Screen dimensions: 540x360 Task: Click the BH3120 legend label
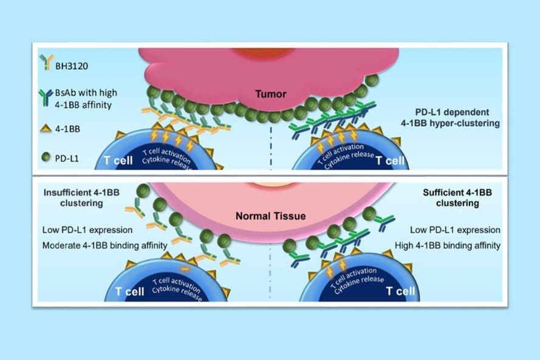(72, 66)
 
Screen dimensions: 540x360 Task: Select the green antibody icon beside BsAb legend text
(46, 97)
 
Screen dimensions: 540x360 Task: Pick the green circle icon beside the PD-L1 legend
(46, 157)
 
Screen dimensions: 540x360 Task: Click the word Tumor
(271, 93)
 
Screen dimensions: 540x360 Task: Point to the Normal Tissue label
(271, 216)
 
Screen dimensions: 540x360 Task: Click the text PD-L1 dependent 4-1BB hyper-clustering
(451, 117)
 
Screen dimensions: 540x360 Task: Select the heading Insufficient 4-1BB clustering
(81, 197)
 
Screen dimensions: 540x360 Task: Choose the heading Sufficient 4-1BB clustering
(457, 197)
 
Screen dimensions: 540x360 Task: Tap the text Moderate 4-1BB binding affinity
(104, 245)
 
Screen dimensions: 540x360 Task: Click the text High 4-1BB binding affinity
(448, 245)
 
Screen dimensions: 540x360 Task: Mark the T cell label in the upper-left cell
(118, 160)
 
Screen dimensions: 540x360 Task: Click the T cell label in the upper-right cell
(390, 160)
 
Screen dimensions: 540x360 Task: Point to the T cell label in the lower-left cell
(129, 291)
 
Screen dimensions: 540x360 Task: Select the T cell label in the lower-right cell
(400, 291)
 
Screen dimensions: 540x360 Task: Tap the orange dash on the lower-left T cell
(185, 268)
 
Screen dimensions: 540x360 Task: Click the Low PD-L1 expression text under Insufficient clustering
(87, 229)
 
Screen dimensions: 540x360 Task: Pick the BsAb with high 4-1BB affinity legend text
(86, 99)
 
